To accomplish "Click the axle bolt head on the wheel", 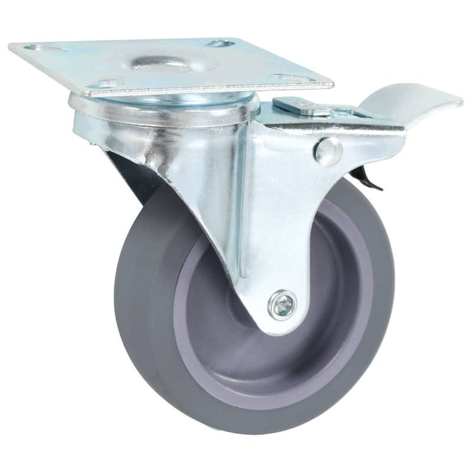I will tap(282, 306).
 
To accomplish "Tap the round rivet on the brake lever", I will tap(329, 152).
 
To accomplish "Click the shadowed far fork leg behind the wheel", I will tap(127, 171).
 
